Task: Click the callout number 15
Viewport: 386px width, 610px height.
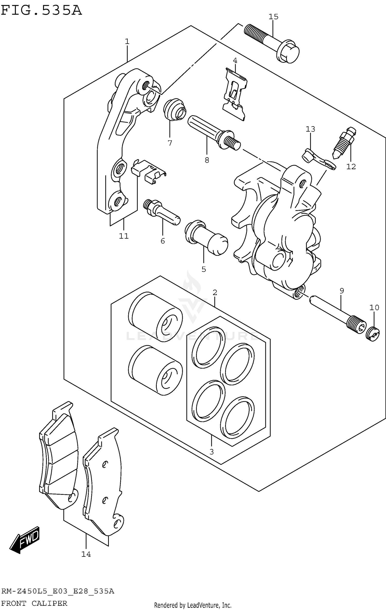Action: tap(273, 17)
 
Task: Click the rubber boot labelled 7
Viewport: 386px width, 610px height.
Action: tap(174, 109)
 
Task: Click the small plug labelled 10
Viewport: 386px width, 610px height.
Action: tap(373, 334)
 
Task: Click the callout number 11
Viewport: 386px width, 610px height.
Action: tap(124, 236)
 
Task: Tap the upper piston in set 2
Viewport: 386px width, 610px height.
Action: tap(155, 317)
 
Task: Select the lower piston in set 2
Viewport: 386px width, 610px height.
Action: tap(155, 370)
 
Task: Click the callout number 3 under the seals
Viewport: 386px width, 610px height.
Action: tap(211, 452)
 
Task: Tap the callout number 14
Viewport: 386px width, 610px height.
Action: tap(86, 554)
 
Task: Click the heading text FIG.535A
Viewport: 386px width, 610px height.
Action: tap(41, 10)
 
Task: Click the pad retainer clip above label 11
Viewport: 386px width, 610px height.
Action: tap(148, 171)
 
